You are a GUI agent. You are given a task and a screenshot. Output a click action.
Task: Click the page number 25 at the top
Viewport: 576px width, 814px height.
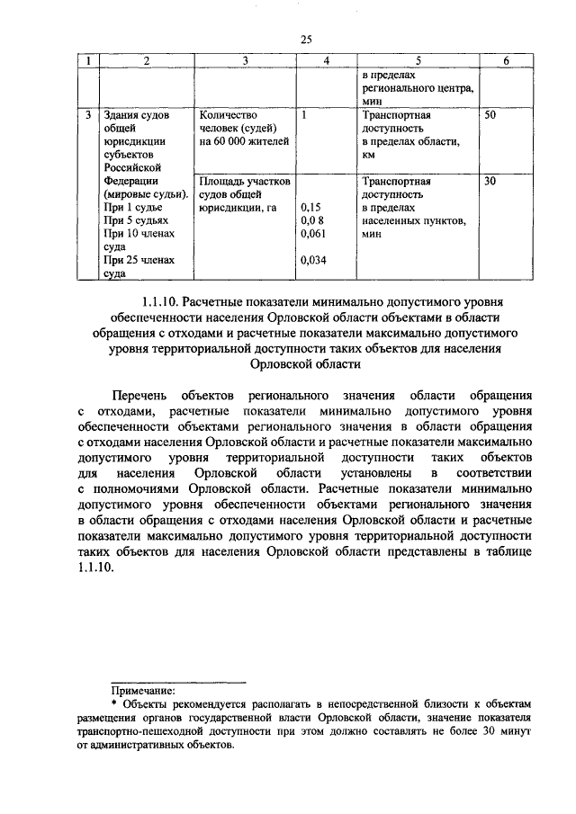pos(305,38)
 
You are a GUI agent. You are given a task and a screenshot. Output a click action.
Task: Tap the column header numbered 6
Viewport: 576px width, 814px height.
pos(507,61)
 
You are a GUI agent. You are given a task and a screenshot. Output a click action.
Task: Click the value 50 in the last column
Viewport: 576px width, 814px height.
pos(490,116)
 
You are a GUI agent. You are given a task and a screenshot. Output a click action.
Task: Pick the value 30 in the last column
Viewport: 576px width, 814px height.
pos(490,181)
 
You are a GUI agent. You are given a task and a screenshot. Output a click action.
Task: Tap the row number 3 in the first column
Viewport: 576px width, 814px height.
pos(87,116)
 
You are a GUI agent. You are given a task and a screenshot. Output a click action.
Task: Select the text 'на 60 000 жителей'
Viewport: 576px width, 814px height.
pos(244,141)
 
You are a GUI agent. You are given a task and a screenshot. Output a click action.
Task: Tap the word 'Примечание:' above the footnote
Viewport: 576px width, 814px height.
pos(143,692)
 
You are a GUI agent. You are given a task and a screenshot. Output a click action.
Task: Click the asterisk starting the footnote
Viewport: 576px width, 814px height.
pos(113,705)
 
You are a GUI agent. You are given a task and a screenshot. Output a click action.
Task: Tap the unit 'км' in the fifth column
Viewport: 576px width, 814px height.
pos(369,155)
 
